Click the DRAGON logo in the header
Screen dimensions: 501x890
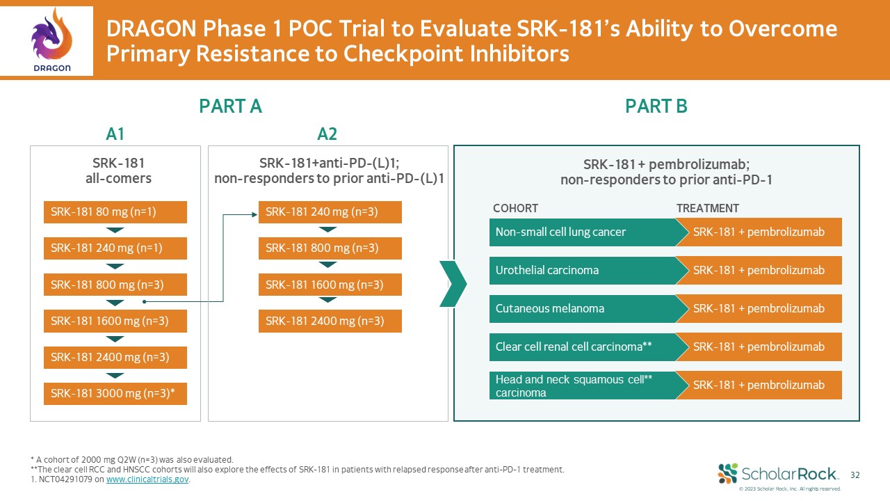[x=52, y=40]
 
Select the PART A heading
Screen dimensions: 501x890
[x=230, y=106]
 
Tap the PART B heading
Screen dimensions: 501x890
[x=656, y=106]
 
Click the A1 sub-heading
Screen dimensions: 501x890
[x=115, y=134]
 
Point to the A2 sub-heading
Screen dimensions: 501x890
[x=327, y=134]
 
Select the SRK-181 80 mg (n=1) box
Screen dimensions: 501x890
[x=115, y=212]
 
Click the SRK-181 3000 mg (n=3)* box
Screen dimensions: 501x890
[x=115, y=393]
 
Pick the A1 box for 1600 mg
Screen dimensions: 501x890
[x=115, y=321]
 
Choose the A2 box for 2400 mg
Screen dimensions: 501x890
[x=330, y=321]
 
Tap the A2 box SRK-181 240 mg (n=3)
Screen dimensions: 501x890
[x=330, y=212]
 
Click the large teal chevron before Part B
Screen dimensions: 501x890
[x=453, y=283]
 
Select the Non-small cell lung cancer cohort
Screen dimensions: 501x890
[x=583, y=232]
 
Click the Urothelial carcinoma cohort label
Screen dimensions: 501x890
[x=583, y=270]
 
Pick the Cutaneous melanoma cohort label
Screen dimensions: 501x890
[x=583, y=308]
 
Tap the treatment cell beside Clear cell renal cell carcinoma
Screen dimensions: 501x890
[x=759, y=347]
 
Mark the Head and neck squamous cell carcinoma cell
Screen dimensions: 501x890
[x=583, y=385]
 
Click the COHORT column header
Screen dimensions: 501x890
[x=515, y=208]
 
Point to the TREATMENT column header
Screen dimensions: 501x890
[x=707, y=208]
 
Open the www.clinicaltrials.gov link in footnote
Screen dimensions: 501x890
[x=147, y=479]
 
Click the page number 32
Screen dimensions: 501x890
[x=855, y=475]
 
